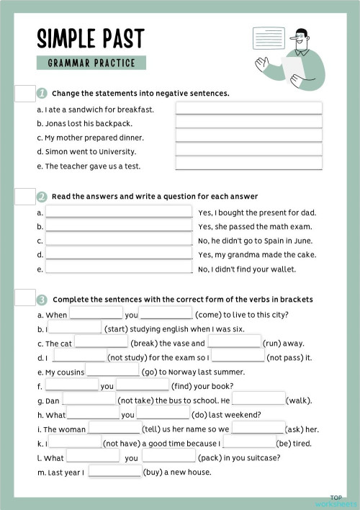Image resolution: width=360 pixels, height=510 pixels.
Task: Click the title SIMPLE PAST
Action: click(x=90, y=39)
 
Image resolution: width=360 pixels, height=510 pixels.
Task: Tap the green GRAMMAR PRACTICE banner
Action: click(x=91, y=63)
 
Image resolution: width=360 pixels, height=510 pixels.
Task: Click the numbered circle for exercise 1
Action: click(x=42, y=93)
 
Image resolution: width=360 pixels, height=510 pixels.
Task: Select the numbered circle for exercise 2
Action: click(x=42, y=197)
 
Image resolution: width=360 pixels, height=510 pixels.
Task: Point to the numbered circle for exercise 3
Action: click(x=42, y=299)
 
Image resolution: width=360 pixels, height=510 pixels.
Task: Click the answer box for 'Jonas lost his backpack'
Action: click(x=248, y=122)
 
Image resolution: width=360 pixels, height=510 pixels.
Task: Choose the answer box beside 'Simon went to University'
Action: click(x=248, y=150)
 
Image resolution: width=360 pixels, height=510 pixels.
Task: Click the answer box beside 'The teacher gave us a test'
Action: click(x=248, y=164)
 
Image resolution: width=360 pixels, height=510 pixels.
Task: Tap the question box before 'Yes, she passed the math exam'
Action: click(x=119, y=226)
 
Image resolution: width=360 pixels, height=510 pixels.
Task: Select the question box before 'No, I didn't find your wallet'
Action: click(x=119, y=268)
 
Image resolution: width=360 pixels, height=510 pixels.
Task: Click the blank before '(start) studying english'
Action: click(x=75, y=329)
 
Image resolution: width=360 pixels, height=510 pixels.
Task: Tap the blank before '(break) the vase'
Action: click(x=101, y=343)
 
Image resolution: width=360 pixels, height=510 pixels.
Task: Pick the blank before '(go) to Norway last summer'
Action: click(x=112, y=372)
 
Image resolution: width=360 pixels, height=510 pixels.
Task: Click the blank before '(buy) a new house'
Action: click(x=114, y=473)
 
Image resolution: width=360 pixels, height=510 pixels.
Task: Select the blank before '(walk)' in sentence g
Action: click(x=258, y=400)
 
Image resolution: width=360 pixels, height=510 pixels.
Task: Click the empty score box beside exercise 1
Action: click(x=24, y=94)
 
